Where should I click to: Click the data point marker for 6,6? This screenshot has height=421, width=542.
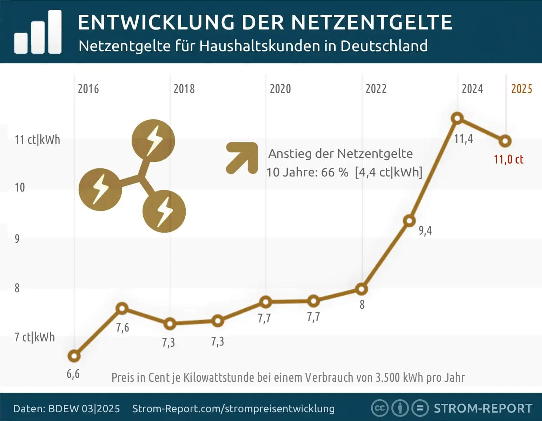[74, 356]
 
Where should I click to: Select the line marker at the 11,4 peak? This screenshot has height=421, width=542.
[457, 118]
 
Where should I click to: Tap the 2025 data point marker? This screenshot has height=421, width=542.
[505, 141]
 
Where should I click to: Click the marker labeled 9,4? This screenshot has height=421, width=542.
[409, 221]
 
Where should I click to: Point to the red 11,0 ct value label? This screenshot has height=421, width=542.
[508, 160]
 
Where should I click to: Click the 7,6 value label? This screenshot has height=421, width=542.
[123, 328]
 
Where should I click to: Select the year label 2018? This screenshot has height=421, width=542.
[184, 89]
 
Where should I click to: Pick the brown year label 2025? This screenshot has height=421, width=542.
[522, 89]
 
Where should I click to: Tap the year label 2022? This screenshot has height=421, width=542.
[376, 89]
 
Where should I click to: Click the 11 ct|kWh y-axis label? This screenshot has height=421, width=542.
[37, 140]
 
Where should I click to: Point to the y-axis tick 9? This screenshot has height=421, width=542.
[17, 239]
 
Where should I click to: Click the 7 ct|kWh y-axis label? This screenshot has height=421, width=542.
[34, 337]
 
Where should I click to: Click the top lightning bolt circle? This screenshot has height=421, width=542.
[153, 141]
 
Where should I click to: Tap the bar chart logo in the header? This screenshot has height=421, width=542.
[38, 32]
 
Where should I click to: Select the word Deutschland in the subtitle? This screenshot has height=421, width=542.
[384, 46]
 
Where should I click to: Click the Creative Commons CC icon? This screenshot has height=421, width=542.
[379, 408]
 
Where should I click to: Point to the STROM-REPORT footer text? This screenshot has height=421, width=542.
[483, 408]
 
